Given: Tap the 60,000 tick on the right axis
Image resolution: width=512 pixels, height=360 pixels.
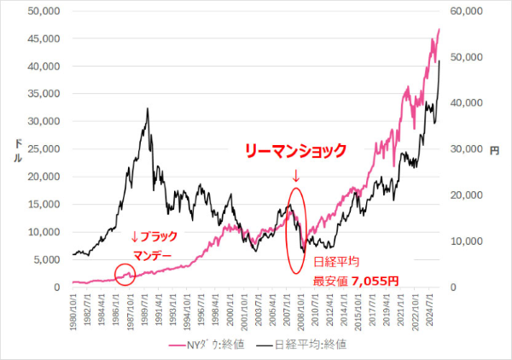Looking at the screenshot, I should point(465,11).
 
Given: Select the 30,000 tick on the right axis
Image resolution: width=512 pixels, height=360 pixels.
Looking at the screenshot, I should point(465,149).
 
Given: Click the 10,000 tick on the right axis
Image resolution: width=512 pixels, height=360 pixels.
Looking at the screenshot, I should point(465,241).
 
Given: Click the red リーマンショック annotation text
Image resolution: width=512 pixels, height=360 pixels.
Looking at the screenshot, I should point(295,151).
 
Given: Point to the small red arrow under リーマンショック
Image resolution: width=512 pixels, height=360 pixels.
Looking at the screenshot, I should point(296,176).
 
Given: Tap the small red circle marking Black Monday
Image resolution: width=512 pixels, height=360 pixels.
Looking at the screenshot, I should point(125,274).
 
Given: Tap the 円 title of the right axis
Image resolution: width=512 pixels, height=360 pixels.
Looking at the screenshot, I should point(494,150).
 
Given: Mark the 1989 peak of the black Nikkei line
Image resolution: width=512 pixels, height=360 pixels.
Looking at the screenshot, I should point(148,109).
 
